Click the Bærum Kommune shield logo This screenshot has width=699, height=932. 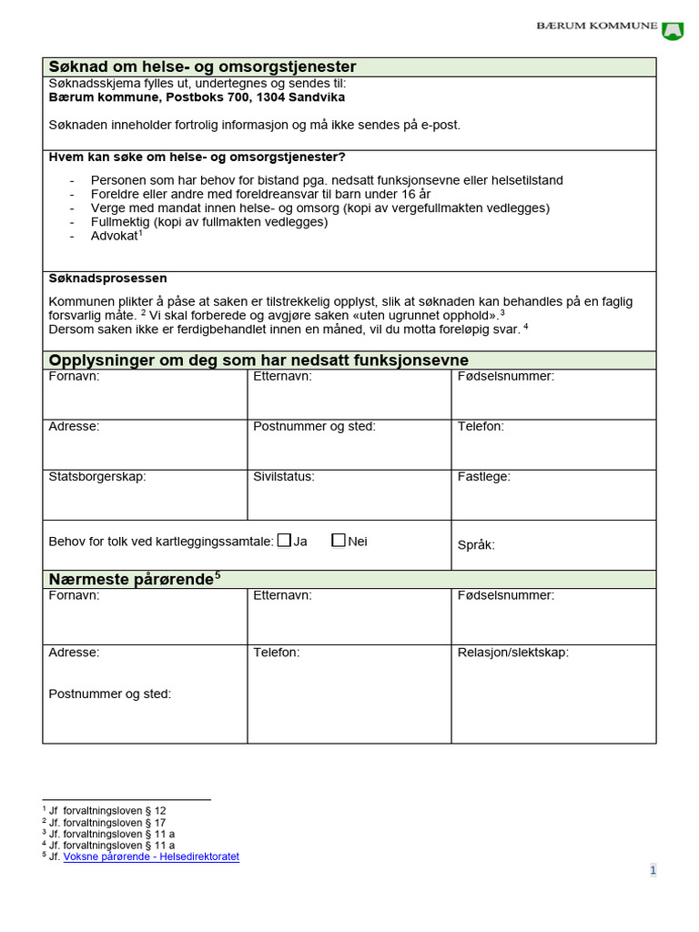(673, 30)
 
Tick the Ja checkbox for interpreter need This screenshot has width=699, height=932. (284, 541)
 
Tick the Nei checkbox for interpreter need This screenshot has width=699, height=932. (339, 541)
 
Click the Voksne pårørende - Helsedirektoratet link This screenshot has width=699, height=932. (151, 857)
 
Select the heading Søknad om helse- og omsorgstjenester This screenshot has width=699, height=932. (202, 67)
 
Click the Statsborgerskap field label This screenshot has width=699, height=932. (97, 476)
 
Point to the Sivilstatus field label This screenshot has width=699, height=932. (284, 476)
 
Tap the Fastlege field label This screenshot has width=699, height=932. (484, 476)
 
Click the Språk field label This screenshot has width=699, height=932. (476, 545)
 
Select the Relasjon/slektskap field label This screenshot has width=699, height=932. (513, 653)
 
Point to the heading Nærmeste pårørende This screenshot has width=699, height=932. (130, 580)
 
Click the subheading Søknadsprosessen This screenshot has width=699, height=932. (107, 279)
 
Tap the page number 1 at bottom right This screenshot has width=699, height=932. (653, 870)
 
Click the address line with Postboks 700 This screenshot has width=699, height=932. (197, 97)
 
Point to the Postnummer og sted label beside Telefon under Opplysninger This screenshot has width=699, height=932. (314, 426)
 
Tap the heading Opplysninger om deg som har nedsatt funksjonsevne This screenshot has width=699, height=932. (258, 360)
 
